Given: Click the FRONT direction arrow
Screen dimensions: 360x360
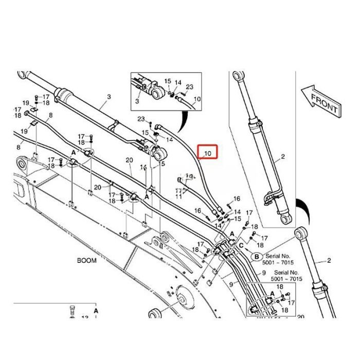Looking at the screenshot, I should [320, 101].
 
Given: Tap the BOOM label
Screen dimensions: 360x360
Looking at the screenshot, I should [87, 260].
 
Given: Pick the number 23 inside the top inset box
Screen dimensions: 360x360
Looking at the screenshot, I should [189, 87].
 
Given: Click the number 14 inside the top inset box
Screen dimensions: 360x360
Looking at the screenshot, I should [178, 82].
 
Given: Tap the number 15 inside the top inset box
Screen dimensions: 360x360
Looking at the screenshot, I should [168, 81].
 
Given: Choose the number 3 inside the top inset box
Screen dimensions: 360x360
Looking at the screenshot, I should [137, 101].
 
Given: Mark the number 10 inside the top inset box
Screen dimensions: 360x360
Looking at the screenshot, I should [197, 99].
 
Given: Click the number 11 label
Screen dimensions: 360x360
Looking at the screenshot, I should [178, 196].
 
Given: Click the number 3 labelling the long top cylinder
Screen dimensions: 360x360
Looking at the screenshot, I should [109, 97].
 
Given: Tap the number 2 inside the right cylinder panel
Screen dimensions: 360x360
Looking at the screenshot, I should [282, 156].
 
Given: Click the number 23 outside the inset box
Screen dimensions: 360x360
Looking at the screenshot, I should [140, 119].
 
